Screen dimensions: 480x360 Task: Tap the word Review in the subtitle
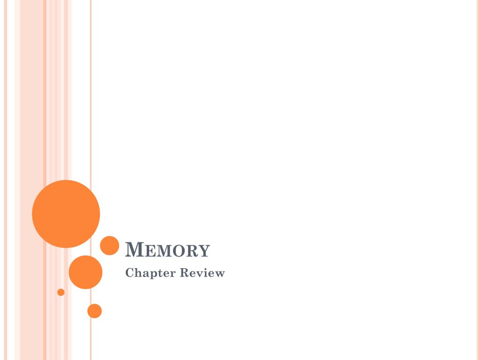[202, 272]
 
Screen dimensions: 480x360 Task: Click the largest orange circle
[66, 214]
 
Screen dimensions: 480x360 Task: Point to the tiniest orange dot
[61, 292]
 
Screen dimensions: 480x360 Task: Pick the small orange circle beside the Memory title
[110, 246]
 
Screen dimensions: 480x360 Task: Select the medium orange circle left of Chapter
[85, 272]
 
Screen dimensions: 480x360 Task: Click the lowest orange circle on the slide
[95, 311]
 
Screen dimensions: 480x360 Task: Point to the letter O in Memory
[179, 251]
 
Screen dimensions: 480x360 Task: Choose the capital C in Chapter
[130, 272]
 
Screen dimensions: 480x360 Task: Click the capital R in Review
[185, 272]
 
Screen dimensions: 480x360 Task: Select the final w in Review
[219, 274]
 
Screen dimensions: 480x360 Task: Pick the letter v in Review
[199, 274]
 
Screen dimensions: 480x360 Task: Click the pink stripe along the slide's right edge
[479, 180]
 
